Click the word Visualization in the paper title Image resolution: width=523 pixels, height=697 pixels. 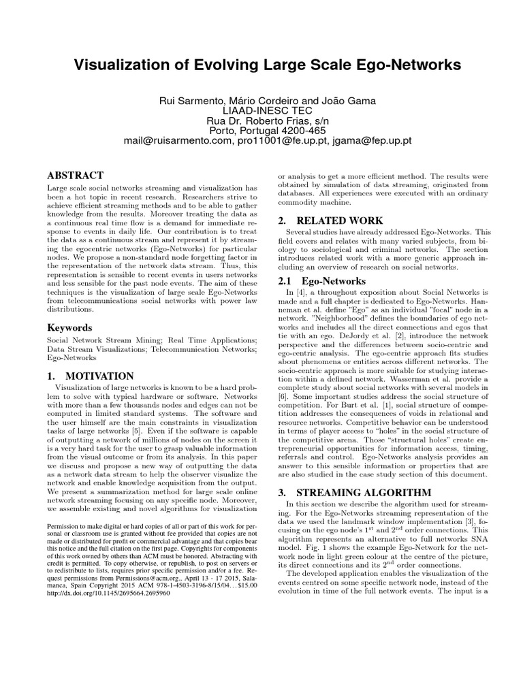pos(120,65)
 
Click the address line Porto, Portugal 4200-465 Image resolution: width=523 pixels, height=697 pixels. pos(261,130)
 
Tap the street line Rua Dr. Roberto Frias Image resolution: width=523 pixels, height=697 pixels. pos(261,120)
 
